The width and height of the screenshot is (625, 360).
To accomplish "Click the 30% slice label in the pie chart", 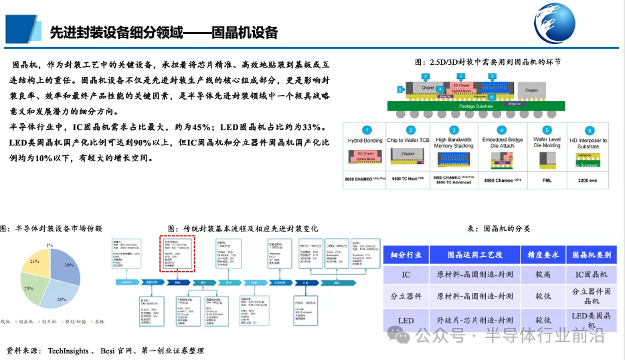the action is [x=69, y=265].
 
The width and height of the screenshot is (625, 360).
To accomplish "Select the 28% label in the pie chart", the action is [x=62, y=299].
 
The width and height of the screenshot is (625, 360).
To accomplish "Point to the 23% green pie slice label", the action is [x=29, y=288].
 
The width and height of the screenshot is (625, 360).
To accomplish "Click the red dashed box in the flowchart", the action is [x=176, y=253].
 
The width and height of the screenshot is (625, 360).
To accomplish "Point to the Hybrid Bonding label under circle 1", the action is [x=365, y=141].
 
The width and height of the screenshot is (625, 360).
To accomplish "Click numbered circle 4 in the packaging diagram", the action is [x=501, y=130].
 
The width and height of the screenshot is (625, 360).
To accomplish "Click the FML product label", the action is [x=547, y=180].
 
